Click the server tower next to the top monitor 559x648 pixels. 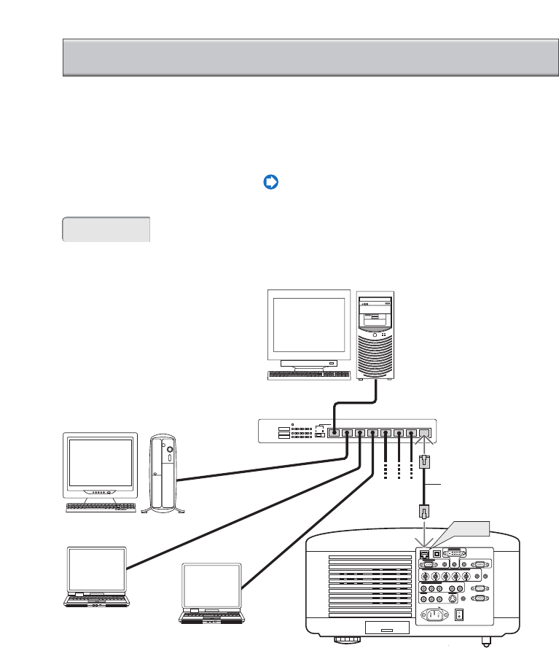[x=376, y=335]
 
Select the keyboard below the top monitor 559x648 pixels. [x=309, y=375]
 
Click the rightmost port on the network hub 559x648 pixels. [x=426, y=432]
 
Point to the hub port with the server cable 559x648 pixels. [x=335, y=432]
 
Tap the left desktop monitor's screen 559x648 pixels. [x=100, y=463]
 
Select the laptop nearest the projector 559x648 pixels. [x=212, y=593]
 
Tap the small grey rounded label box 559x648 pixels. [x=106, y=229]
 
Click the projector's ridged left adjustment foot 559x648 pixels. [x=345, y=641]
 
